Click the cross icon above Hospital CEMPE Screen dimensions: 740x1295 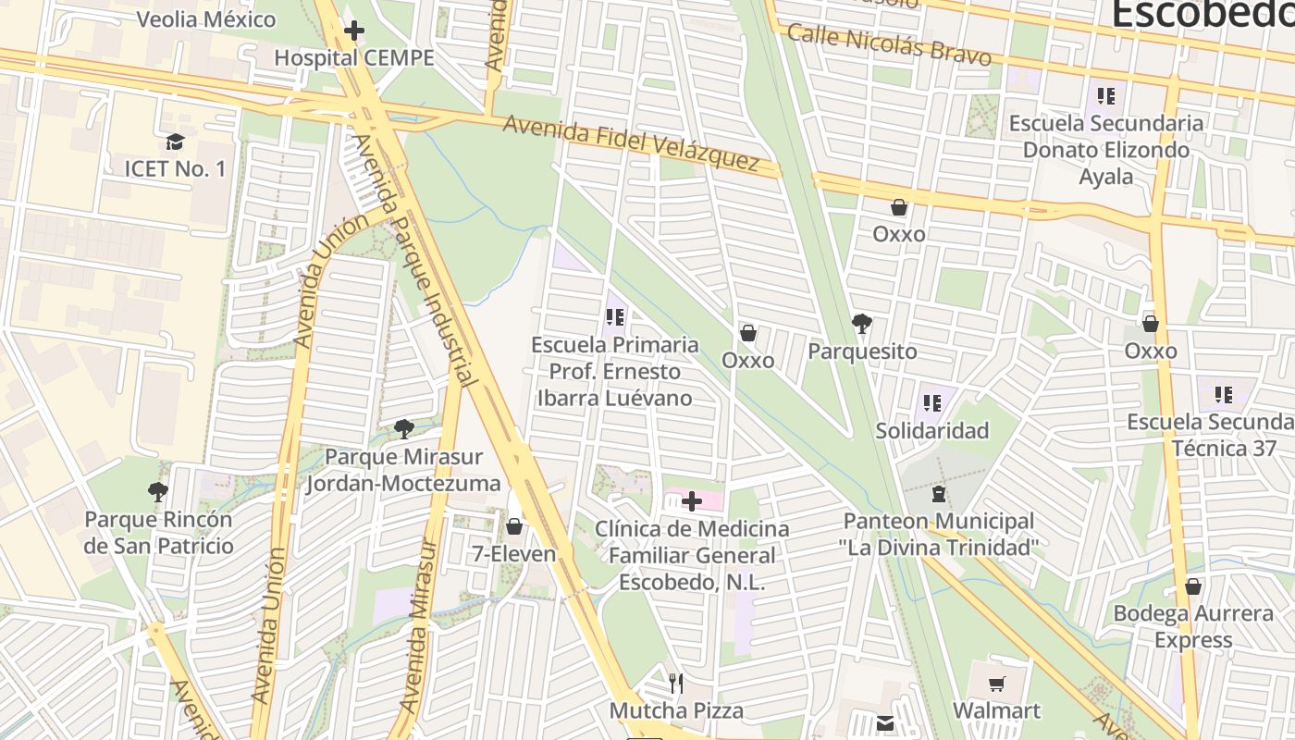(353, 31)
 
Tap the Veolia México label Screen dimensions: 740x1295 (205, 19)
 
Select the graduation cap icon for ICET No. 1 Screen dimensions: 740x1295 (175, 142)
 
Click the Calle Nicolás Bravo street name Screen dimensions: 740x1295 (889, 43)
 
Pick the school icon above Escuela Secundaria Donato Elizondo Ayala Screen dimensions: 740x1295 (1105, 95)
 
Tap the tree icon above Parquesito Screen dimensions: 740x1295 (862, 324)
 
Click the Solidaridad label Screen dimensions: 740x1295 (931, 430)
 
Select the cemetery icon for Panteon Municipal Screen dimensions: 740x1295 (939, 494)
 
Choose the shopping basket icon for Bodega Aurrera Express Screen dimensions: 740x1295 (1193, 586)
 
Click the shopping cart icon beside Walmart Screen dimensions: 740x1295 (996, 684)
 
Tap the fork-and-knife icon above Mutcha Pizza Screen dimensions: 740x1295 (676, 684)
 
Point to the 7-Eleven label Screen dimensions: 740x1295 (513, 554)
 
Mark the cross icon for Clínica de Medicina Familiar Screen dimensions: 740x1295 (692, 501)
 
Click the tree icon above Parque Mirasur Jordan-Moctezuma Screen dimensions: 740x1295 (403, 428)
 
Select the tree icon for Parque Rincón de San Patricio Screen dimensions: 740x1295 (158, 491)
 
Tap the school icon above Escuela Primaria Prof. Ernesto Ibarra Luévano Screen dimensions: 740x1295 (614, 317)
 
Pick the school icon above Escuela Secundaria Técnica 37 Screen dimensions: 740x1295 (1224, 395)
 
